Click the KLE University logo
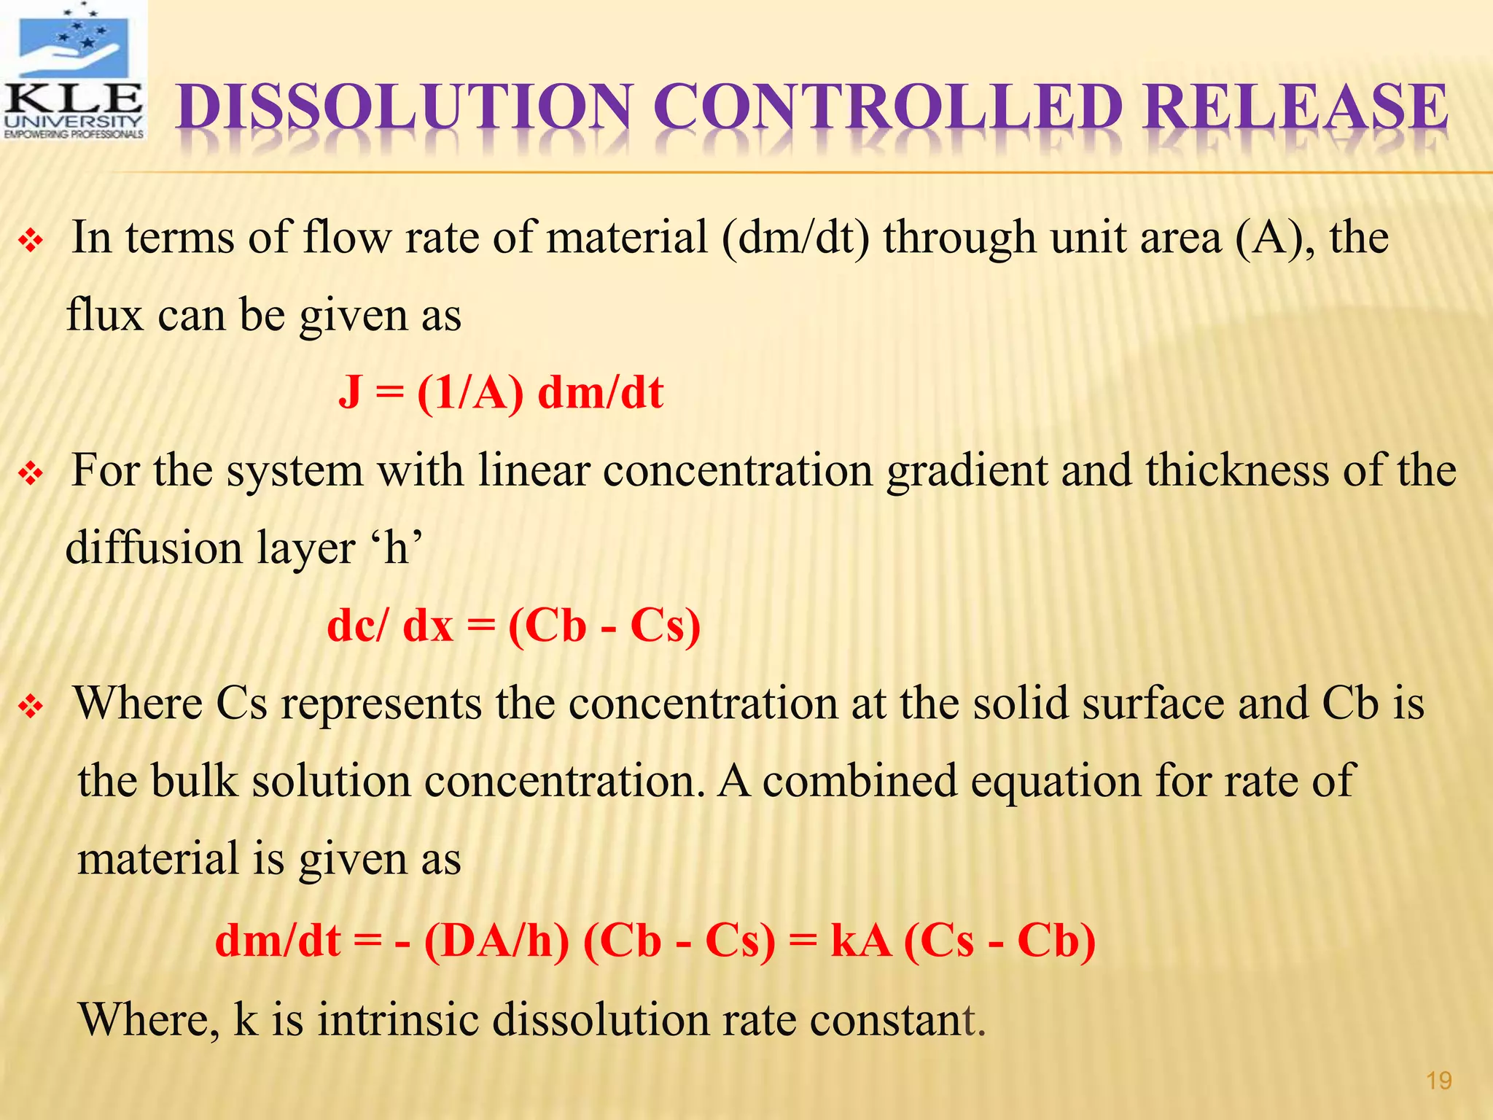(73, 71)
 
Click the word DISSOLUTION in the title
(405, 108)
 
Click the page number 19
(1438, 1080)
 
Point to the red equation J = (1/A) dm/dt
(501, 392)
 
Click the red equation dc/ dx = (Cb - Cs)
(514, 626)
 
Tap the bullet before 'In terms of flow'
(31, 241)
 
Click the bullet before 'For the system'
(31, 474)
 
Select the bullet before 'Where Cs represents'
(31, 707)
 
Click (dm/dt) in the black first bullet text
(795, 238)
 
